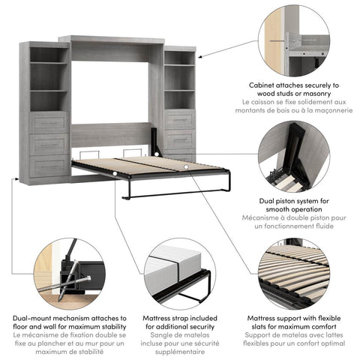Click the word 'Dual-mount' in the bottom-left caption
(34, 318)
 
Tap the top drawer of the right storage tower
(178, 120)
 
